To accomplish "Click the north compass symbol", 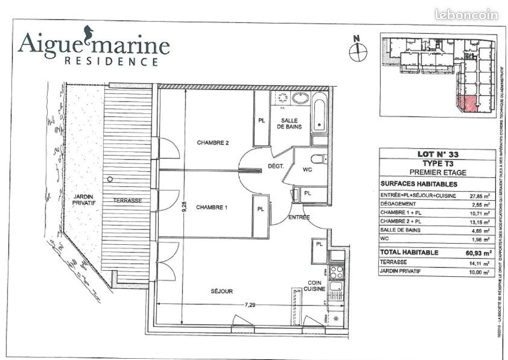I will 358,51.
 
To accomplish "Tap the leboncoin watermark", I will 466,14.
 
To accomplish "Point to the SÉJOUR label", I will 222,291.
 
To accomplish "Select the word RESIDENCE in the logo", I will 112,61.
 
